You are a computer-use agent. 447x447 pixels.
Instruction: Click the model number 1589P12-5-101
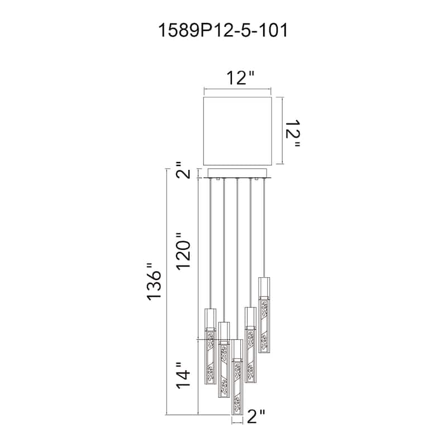click(x=222, y=31)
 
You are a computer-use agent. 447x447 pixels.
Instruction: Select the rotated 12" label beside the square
click(x=293, y=133)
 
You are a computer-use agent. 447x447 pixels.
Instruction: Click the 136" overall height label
click(x=154, y=282)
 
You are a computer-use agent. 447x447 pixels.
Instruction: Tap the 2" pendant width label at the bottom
click(x=256, y=416)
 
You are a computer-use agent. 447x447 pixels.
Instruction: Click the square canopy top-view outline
click(x=238, y=131)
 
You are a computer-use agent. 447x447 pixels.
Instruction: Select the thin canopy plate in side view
click(x=238, y=173)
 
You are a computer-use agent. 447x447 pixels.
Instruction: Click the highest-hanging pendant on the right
click(x=264, y=315)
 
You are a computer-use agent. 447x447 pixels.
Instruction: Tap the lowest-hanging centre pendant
click(x=237, y=377)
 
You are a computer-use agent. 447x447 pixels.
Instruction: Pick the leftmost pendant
click(x=211, y=346)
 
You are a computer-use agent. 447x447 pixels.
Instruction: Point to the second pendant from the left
click(x=224, y=359)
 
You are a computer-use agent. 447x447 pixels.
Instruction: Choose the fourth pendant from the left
click(x=250, y=345)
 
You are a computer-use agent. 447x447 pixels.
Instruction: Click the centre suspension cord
click(x=237, y=259)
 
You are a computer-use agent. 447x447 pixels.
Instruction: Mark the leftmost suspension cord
click(x=211, y=244)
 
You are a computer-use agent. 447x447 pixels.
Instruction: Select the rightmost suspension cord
click(x=264, y=228)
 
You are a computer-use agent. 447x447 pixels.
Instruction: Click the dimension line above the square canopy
click(x=237, y=89)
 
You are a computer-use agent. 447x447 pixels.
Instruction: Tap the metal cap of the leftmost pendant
click(x=211, y=318)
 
